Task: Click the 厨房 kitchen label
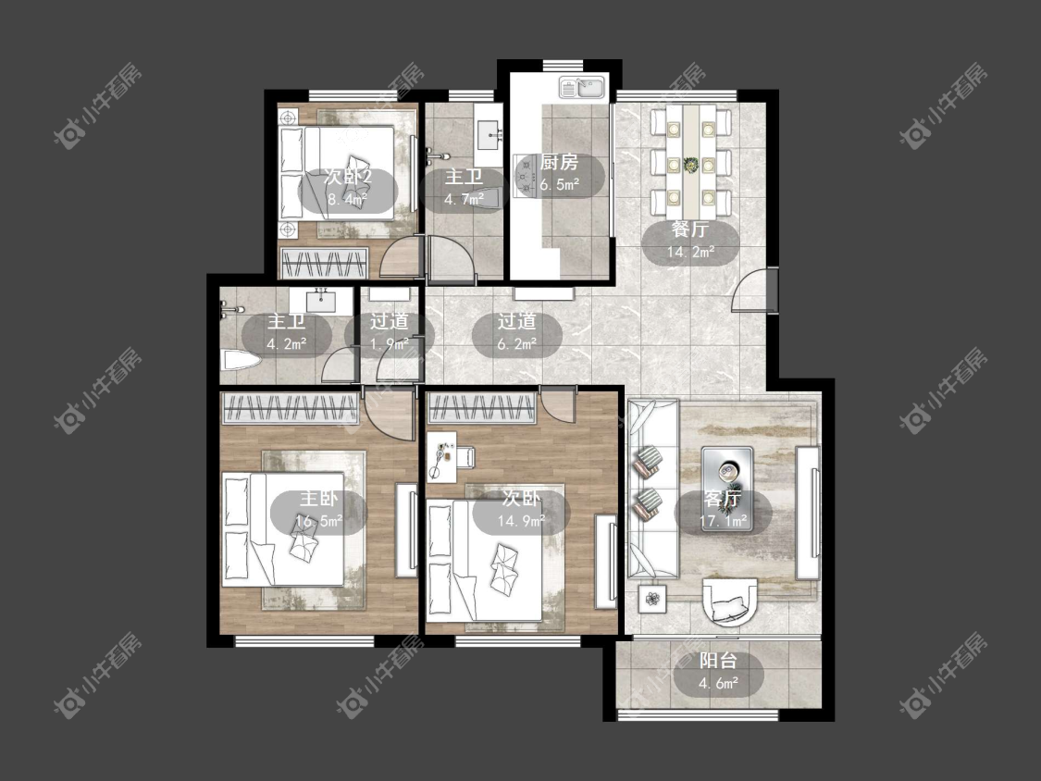tap(559, 162)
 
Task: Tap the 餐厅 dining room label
tap(690, 229)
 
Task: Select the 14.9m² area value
tap(521, 521)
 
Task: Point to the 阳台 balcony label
tap(718, 661)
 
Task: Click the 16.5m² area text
tap(318, 521)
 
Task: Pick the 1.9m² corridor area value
tap(390, 344)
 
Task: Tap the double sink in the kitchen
tap(582, 87)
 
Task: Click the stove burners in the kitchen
tap(527, 176)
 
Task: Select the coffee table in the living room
tap(727, 489)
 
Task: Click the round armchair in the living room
tap(730, 601)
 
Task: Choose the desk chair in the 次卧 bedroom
tap(466, 457)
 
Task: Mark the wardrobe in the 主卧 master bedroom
tap(291, 408)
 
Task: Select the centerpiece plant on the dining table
tap(691, 164)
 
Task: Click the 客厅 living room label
tap(723, 498)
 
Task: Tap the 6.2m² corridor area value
tap(517, 344)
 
